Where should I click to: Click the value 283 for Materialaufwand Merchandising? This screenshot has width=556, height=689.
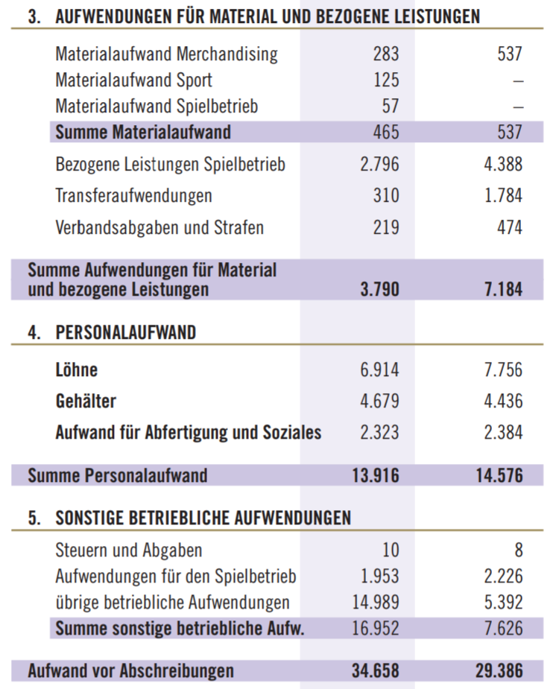coord(386,54)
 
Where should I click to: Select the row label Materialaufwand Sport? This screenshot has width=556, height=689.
coord(133,80)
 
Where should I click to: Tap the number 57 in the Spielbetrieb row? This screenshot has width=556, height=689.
coord(391,107)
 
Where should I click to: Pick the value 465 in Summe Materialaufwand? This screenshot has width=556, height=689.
coord(386,133)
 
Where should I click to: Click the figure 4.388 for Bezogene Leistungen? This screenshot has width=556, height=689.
coord(503,165)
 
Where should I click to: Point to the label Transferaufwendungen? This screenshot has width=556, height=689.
coord(133,196)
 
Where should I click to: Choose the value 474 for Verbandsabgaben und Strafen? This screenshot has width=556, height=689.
coord(510,228)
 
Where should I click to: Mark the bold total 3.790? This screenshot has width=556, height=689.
coord(380,290)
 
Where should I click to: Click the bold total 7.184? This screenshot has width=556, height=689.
coord(503,290)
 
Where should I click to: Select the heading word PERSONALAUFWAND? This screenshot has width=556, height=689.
coord(126,333)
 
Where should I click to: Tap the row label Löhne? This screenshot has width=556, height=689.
coord(77,369)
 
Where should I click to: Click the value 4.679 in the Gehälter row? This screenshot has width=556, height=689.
coord(380,401)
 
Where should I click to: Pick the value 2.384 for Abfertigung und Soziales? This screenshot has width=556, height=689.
coord(503,433)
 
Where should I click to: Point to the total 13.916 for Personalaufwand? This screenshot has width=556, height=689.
coord(376,476)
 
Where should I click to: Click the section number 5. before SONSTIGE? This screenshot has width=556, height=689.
coord(34,518)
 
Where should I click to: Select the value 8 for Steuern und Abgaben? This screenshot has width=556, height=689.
coord(519,550)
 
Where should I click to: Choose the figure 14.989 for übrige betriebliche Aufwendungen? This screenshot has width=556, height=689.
coord(376,603)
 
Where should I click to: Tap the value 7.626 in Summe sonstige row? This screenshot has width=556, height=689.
coord(503,629)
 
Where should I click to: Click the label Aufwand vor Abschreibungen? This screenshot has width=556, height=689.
coord(131,671)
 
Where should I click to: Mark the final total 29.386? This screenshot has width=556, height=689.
coord(499,671)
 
